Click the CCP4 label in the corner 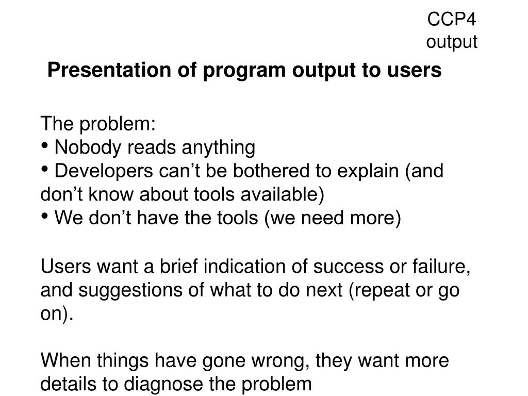pos(452,19)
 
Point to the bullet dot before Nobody pos(44,146)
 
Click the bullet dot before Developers pos(44,170)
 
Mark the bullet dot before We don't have pos(44,217)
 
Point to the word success pos(348,267)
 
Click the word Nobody pos(88,147)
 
